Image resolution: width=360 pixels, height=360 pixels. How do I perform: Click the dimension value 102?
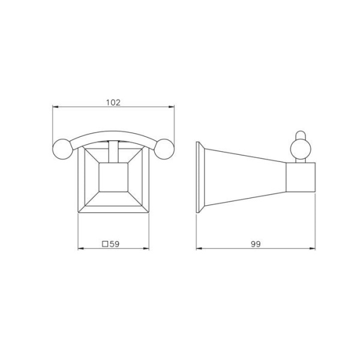(x=113, y=103)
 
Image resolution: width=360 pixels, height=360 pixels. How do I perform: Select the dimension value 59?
(x=115, y=244)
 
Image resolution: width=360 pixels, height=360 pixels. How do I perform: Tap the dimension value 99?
(x=256, y=244)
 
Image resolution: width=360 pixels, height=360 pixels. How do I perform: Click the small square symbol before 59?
(x=105, y=244)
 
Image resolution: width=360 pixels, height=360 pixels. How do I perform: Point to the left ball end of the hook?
(x=63, y=149)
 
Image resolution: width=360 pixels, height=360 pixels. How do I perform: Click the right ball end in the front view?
(x=164, y=149)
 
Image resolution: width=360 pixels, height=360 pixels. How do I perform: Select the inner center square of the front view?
(x=113, y=177)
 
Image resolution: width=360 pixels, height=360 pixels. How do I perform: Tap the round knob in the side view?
(x=301, y=149)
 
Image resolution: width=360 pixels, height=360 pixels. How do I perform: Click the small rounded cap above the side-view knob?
(x=301, y=135)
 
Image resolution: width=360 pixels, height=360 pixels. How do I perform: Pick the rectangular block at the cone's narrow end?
(x=301, y=177)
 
